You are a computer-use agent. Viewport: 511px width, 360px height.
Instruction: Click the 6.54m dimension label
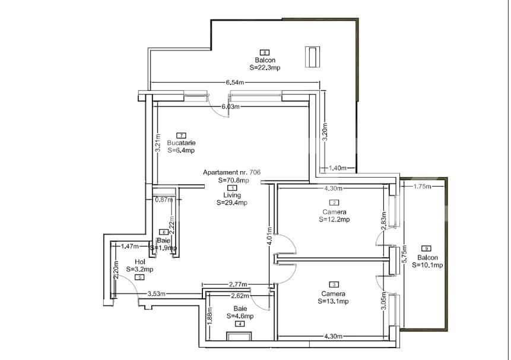(234, 83)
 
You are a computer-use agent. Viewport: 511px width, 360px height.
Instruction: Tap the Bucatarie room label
(181, 143)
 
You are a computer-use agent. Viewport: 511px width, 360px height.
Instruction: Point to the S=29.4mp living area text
(231, 203)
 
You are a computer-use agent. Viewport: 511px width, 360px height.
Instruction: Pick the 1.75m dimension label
(423, 187)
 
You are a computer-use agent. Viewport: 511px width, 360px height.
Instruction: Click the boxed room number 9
(426, 248)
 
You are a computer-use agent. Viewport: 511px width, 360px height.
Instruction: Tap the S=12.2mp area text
(334, 219)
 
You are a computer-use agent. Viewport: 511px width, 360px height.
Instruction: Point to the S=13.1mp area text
(334, 301)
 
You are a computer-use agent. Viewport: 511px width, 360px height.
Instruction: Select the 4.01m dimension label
(269, 236)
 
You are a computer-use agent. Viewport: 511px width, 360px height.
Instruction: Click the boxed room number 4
(239, 324)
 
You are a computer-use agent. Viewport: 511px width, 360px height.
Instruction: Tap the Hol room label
(140, 261)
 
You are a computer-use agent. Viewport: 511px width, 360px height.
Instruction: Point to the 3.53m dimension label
(157, 293)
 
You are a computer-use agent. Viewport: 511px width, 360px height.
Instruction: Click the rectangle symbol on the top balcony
(312, 56)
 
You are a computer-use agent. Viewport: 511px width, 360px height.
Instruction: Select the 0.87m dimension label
(163, 200)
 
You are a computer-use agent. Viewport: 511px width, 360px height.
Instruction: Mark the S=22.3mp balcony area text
(265, 68)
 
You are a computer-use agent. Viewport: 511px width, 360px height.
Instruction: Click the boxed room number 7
(181, 135)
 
